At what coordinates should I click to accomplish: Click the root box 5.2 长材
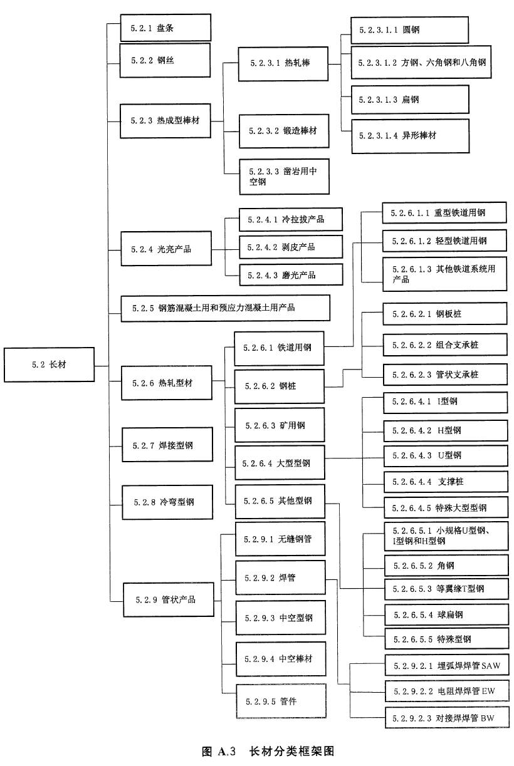(x=49, y=365)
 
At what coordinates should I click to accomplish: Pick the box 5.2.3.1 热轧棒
(x=283, y=63)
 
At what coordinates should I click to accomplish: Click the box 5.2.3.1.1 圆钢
(x=409, y=29)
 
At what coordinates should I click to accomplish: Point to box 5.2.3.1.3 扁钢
(x=409, y=100)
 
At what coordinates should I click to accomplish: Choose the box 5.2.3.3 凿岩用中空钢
(x=283, y=176)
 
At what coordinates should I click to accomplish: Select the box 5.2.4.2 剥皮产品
(x=291, y=247)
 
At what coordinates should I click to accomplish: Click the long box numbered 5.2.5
(x=225, y=308)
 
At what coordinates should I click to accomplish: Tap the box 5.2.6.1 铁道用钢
(x=279, y=348)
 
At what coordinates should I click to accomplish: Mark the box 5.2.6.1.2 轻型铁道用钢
(x=444, y=240)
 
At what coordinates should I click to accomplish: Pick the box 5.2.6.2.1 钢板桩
(x=444, y=314)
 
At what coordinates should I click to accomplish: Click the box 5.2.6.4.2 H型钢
(x=444, y=430)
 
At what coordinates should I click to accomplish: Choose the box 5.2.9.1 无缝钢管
(x=280, y=539)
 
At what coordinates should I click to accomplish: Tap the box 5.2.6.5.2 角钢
(x=444, y=566)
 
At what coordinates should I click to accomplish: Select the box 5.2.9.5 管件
(x=280, y=701)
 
